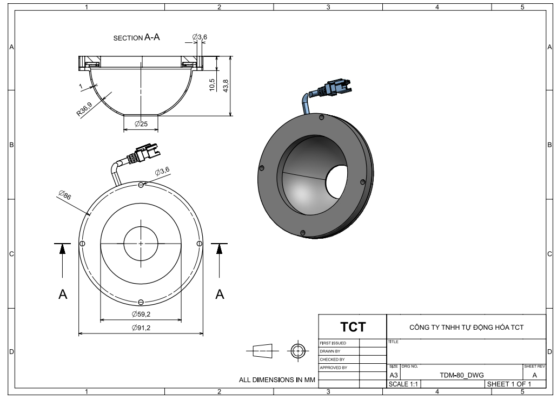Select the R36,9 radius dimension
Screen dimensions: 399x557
pyautogui.click(x=84, y=110)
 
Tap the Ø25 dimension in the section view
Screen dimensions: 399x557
pyautogui.click(x=141, y=124)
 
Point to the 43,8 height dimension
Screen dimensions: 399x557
pyautogui.click(x=227, y=85)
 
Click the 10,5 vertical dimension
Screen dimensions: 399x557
pyautogui.click(x=213, y=86)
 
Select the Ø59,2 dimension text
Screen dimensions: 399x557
pyautogui.click(x=141, y=315)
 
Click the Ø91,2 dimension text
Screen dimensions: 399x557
pyautogui.click(x=141, y=328)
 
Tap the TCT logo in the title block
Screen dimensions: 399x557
pyautogui.click(x=353, y=327)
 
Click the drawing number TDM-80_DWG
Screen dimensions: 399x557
pyautogui.click(x=458, y=375)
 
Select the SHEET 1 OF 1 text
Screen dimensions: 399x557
pyautogui.click(x=509, y=384)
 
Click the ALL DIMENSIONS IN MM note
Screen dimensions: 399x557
pyautogui.click(x=277, y=380)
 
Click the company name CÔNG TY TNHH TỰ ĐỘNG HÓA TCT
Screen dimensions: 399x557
pyautogui.click(x=466, y=327)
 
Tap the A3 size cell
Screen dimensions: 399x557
pyautogui.click(x=394, y=375)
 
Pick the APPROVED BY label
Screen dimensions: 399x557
pyautogui.click(x=333, y=367)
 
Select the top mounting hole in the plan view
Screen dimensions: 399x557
pyautogui.click(x=141, y=185)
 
